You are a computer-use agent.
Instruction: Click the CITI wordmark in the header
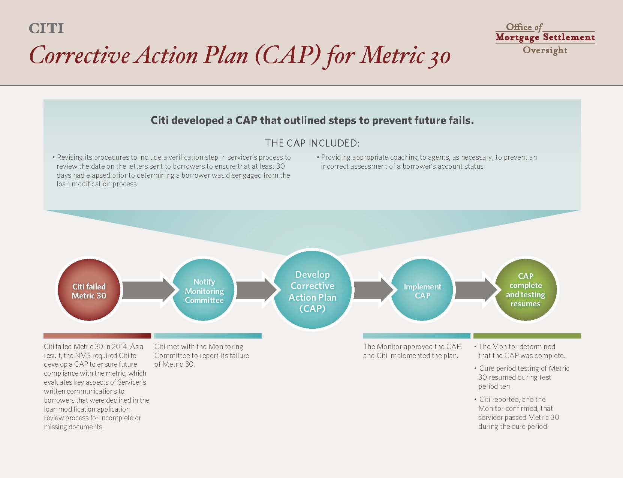(x=46, y=28)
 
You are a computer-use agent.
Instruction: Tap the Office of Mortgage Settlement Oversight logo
(x=545, y=38)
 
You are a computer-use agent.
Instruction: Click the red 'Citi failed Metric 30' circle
(x=89, y=290)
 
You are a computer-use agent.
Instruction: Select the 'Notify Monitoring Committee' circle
(x=204, y=290)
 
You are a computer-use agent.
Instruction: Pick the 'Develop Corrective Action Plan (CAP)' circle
(x=312, y=290)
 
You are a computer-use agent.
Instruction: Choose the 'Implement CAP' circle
(x=422, y=290)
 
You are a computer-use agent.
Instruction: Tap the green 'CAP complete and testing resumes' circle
(x=526, y=290)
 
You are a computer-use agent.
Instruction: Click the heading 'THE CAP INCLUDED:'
(x=312, y=143)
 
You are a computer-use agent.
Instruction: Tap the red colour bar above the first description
(x=97, y=336)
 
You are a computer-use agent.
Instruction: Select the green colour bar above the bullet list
(x=527, y=336)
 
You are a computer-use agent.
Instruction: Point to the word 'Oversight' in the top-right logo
(x=545, y=50)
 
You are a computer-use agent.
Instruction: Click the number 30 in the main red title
(x=439, y=57)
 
